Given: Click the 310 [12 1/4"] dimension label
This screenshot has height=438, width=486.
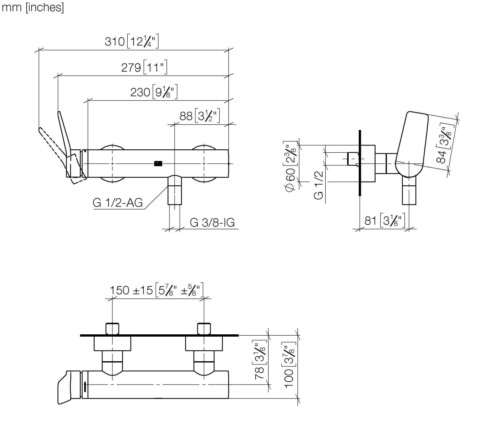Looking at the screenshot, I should coord(132,41).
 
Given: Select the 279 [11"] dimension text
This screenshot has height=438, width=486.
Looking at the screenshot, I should coord(144,67).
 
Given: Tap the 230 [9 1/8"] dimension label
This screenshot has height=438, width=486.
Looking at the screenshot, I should coord(154,92).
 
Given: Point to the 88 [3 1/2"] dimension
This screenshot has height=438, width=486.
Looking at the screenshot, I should coord(200,116).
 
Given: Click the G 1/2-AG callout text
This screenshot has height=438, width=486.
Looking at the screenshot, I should coord(118,203).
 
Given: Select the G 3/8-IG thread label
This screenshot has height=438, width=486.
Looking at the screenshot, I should coord(212,223).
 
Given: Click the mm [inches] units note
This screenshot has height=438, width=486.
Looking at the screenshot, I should coord(33,7).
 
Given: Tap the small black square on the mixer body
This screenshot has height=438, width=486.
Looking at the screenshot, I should coord(158,164).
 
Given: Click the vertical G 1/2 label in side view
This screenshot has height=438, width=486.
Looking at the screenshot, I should coord(319,185).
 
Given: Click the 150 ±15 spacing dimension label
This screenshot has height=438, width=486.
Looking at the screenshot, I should coord(156,290).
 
